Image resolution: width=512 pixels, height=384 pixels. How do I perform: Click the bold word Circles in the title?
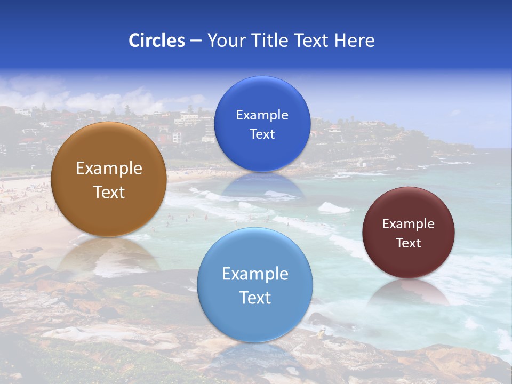156,41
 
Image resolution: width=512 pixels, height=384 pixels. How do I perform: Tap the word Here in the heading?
354,41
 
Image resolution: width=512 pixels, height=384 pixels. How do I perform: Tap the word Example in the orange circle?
109,169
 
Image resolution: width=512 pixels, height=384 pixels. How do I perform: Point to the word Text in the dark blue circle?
262,134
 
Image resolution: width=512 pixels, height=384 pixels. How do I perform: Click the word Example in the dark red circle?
408,224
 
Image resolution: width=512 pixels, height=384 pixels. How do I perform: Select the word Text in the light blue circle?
254,297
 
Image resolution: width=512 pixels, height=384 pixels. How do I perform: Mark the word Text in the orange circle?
109,192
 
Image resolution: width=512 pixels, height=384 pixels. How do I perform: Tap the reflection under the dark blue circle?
262,187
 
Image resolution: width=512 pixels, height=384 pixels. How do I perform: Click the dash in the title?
195,41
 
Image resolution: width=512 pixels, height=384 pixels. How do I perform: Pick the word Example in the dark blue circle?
262,115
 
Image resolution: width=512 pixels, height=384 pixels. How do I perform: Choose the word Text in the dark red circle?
408,243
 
